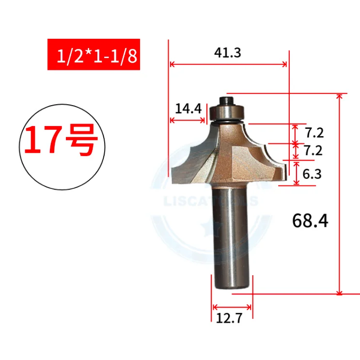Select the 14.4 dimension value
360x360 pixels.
[x=188, y=109]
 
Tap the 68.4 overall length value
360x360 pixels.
[x=310, y=221]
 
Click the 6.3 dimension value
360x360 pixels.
[x=312, y=173]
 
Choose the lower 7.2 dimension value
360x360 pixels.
[x=313, y=151]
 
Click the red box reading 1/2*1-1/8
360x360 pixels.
[x=94, y=54]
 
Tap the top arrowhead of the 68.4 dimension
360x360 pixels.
[x=340, y=96]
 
